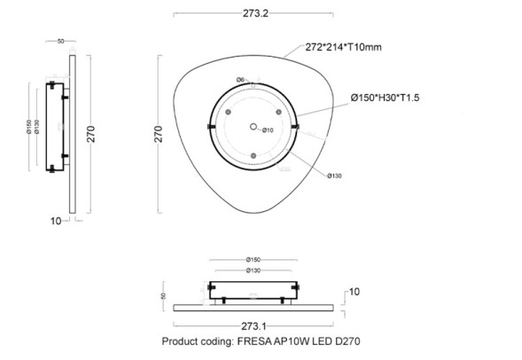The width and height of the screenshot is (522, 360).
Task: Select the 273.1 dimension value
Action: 253,325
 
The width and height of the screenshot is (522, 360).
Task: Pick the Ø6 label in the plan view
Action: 240,81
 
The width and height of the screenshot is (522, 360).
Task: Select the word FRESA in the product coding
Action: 258,340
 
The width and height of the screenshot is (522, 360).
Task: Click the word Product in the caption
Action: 180,340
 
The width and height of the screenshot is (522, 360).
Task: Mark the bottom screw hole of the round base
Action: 253,155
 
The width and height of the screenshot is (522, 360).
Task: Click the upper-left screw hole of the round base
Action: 228,113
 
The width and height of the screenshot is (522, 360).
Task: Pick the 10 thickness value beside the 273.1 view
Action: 354,291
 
